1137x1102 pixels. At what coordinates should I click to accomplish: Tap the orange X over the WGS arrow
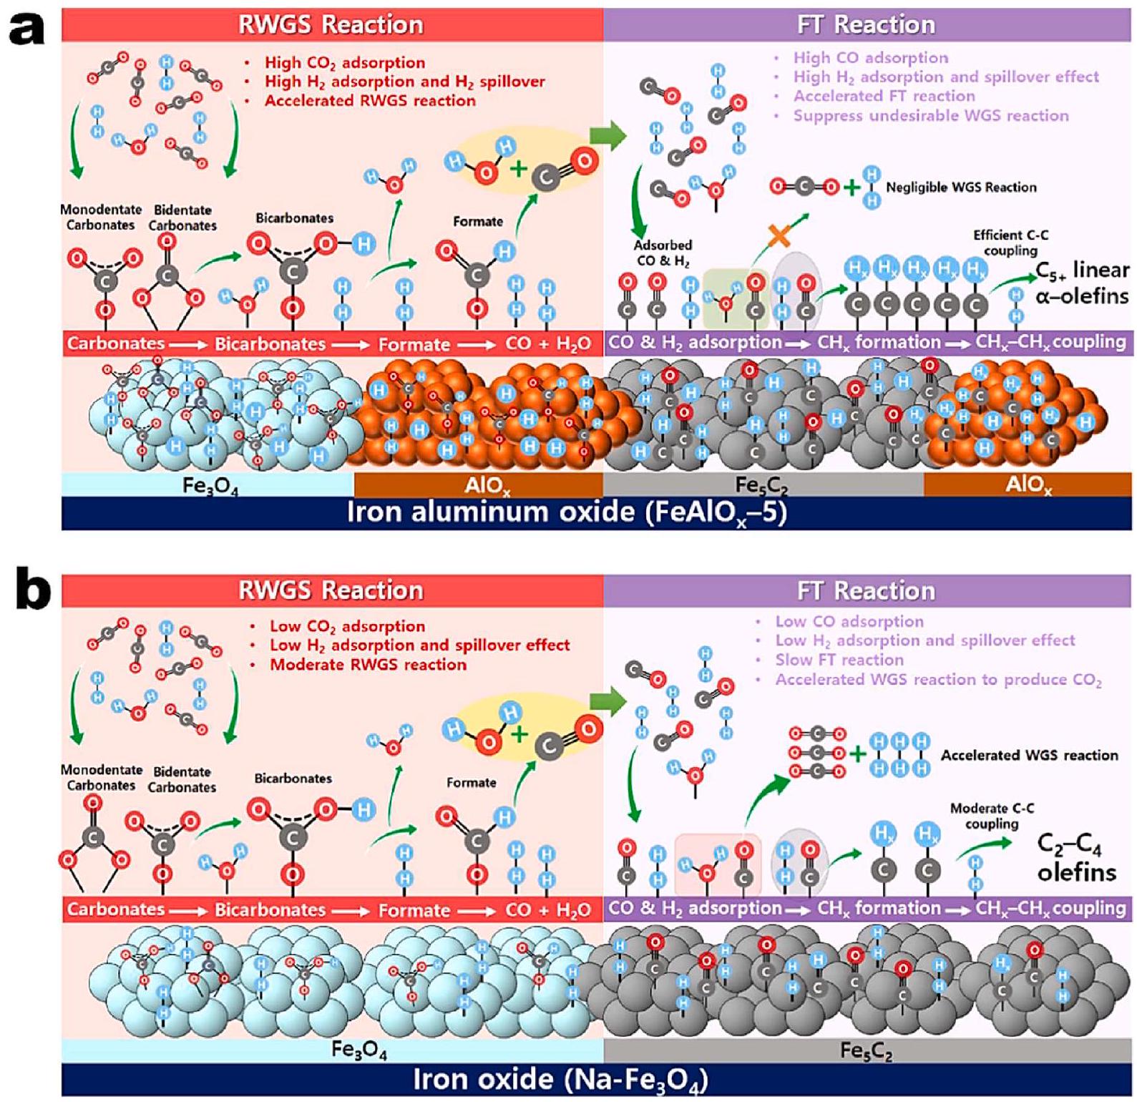coord(779,234)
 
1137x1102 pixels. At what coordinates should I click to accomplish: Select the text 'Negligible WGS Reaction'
coord(960,187)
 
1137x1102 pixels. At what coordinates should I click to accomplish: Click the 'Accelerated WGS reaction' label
coord(1029,755)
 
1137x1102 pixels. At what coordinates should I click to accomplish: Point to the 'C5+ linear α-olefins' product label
coord(1082,283)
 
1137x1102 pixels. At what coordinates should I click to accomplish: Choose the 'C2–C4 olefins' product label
coord(1076,859)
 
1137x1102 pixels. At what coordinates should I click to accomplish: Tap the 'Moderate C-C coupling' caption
coord(992,816)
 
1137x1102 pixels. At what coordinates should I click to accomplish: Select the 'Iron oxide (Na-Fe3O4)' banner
coord(560,1080)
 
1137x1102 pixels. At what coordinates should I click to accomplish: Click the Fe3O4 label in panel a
coord(210,486)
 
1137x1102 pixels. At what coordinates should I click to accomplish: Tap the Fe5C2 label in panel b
coord(866,1051)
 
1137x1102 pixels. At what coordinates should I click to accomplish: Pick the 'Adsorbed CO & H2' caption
coord(663,253)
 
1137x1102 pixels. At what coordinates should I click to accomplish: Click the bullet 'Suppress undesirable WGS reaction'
coord(930,116)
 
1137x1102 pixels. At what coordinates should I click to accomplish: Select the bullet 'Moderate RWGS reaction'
coord(368,665)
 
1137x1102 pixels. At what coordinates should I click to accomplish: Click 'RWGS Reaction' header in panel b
coord(331,590)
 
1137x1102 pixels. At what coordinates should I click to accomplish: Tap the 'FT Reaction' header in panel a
coord(866,24)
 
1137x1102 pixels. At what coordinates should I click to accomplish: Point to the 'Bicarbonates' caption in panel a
coord(294,218)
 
